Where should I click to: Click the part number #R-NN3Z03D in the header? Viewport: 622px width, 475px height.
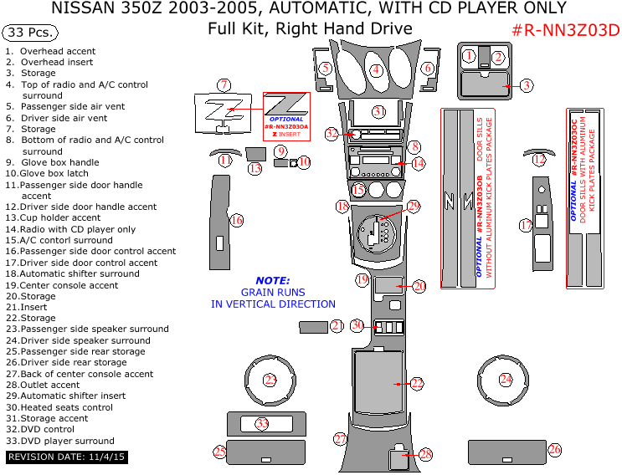[565, 31]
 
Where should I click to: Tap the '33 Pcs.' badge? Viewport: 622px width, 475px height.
[31, 33]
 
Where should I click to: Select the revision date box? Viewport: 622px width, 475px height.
[66, 457]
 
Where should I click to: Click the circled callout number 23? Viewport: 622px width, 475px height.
[270, 380]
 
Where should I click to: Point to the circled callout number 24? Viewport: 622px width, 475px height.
[506, 379]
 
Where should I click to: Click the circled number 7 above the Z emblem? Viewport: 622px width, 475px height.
[224, 84]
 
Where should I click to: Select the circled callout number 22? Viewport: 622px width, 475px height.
[417, 383]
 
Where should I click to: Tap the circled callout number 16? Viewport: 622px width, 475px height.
[237, 220]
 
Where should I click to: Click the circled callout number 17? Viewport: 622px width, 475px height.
[526, 225]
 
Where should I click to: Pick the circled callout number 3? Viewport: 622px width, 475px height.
[526, 84]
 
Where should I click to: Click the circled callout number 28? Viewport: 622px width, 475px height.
[425, 454]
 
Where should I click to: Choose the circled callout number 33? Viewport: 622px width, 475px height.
[262, 424]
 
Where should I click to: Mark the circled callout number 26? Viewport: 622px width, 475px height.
[554, 450]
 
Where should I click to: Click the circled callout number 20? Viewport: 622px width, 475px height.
[419, 286]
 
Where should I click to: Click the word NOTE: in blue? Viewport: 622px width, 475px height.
[273, 281]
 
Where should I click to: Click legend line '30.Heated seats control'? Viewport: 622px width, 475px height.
[59, 407]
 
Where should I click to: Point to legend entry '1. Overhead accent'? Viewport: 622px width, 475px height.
[50, 51]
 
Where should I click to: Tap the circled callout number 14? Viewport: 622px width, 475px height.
[418, 163]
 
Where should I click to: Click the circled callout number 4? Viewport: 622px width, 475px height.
[377, 69]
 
